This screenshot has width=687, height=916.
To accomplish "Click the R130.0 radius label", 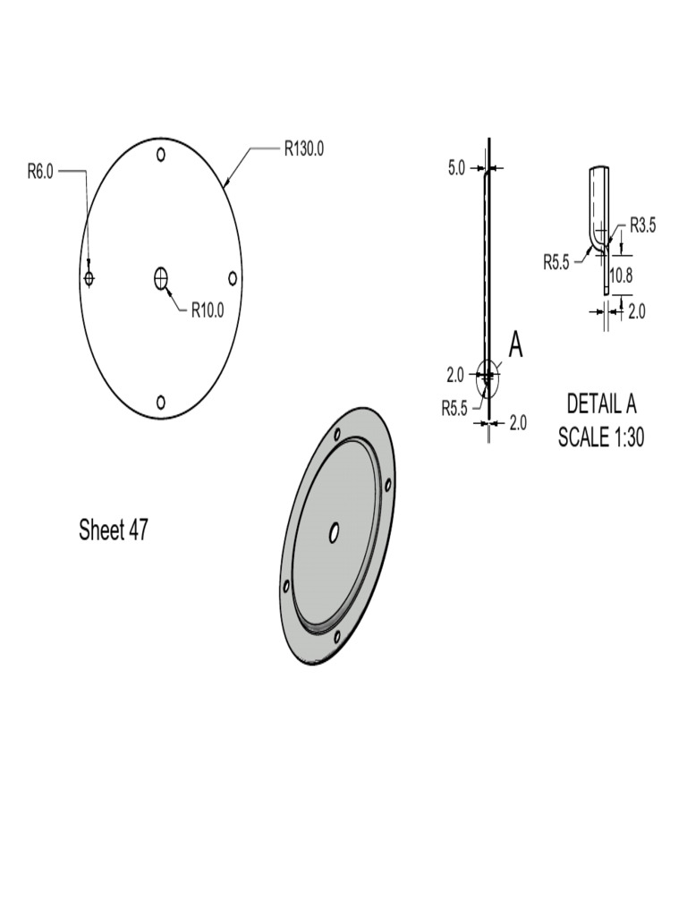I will [303, 148].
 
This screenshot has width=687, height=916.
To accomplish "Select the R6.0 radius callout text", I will [40, 172].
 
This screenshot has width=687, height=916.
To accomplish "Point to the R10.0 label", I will [207, 310].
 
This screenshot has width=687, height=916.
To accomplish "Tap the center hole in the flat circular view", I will [161, 278].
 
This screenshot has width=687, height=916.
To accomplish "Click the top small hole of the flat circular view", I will [161, 154].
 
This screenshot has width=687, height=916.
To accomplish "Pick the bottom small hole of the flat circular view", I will [161, 403].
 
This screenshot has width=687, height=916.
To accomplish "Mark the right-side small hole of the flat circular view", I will [233, 278].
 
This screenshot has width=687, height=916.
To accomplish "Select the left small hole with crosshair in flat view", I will [89, 278].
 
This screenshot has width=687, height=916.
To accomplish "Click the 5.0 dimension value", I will [456, 167].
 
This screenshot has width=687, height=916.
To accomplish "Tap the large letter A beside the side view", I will [515, 344].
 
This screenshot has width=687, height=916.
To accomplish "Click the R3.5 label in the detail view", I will [642, 225].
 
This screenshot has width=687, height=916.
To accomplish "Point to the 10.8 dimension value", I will [622, 276].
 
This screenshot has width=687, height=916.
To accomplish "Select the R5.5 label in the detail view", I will [557, 262].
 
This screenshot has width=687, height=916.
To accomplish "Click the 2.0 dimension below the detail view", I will [636, 310].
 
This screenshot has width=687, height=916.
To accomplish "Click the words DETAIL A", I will [601, 404].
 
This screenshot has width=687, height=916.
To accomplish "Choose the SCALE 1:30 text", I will [601, 437].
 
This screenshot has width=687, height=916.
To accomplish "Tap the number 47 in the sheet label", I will [138, 530].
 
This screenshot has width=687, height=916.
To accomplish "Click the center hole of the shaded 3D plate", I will [334, 533].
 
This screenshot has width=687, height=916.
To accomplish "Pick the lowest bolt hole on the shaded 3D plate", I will [336, 637].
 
